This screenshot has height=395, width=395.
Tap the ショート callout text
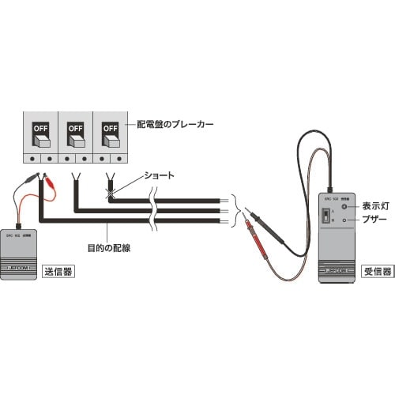pos(154,175)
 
